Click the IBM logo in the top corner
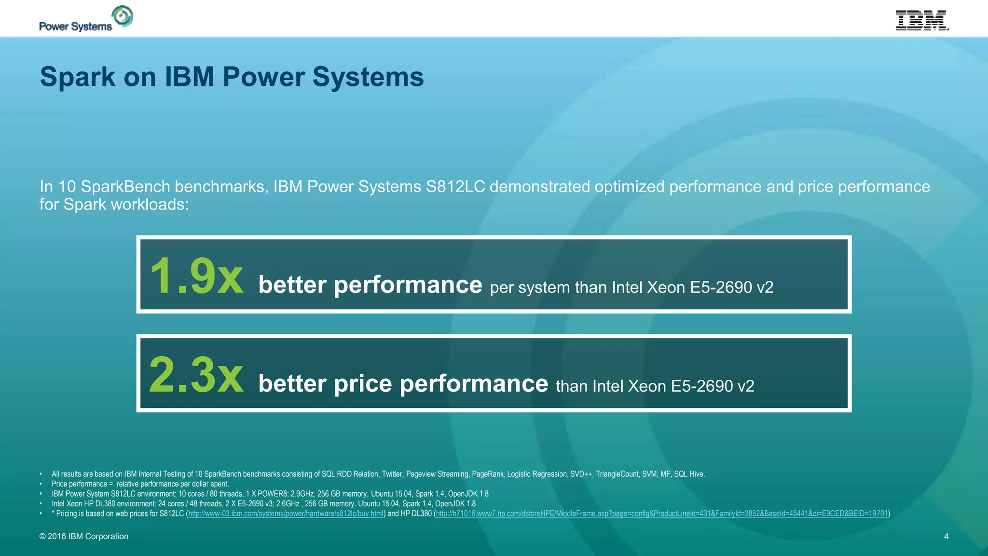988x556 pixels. [x=922, y=20]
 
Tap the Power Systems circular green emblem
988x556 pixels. [x=123, y=16]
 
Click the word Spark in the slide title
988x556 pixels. [x=77, y=77]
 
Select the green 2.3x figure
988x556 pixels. [x=196, y=375]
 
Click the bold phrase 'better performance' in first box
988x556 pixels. [x=370, y=285]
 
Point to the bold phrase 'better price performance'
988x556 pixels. [x=403, y=384]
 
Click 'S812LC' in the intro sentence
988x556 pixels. [x=455, y=187]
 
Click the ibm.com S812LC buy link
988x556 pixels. [x=286, y=514]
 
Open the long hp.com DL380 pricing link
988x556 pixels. [x=662, y=514]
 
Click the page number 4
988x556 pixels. [x=946, y=536]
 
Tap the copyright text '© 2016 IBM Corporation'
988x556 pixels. [x=84, y=536]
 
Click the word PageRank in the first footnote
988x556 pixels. [x=488, y=474]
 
